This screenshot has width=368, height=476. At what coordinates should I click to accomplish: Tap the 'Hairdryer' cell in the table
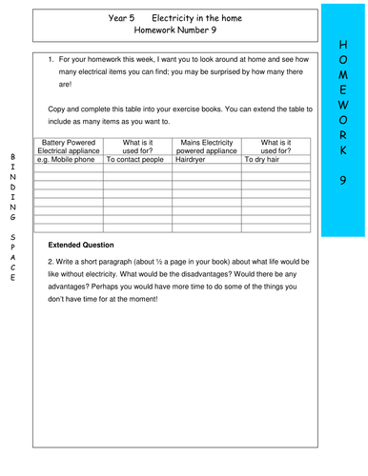click(196, 160)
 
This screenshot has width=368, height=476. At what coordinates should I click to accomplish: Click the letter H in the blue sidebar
click(344, 44)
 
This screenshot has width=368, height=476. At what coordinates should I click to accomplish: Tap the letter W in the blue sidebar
click(344, 98)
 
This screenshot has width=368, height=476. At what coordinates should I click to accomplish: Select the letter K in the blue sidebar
click(344, 151)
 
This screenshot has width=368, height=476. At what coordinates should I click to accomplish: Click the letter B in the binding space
click(11, 155)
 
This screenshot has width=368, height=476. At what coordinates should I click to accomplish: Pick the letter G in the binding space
click(11, 215)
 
